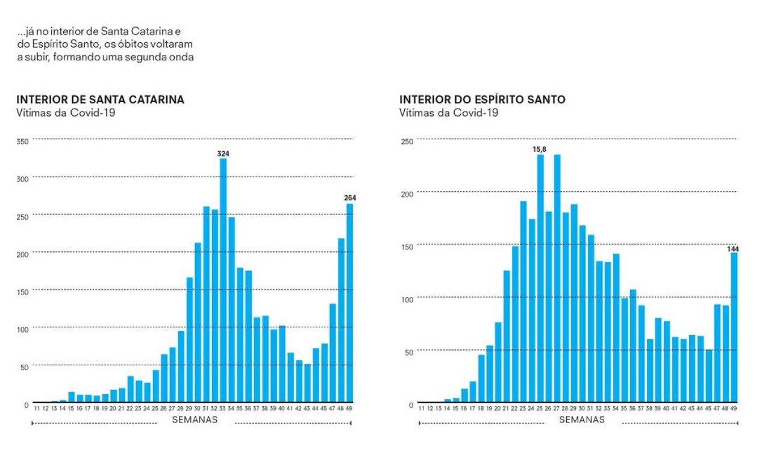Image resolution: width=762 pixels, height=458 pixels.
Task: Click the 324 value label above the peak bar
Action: tap(223, 154)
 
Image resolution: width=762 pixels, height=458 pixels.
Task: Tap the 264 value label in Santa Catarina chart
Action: tap(350, 198)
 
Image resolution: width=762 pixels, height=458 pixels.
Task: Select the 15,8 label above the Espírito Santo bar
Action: tap(540, 149)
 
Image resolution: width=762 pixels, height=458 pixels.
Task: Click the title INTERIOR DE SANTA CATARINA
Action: tap(100, 100)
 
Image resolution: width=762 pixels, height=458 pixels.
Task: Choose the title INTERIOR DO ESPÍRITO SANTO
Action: tap(482, 100)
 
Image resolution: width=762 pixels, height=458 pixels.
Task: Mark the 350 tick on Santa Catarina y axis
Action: tap(23, 142)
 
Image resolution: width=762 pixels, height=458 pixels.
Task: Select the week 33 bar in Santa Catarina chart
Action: tap(223, 280)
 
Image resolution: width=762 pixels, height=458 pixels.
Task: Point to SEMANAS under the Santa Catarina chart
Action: tap(195, 420)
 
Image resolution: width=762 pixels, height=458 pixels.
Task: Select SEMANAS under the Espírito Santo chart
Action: tap(582, 420)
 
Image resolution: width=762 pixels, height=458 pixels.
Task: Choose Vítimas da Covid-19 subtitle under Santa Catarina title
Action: tap(66, 113)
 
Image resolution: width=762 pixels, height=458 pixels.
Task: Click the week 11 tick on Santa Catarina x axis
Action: tap(37, 408)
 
